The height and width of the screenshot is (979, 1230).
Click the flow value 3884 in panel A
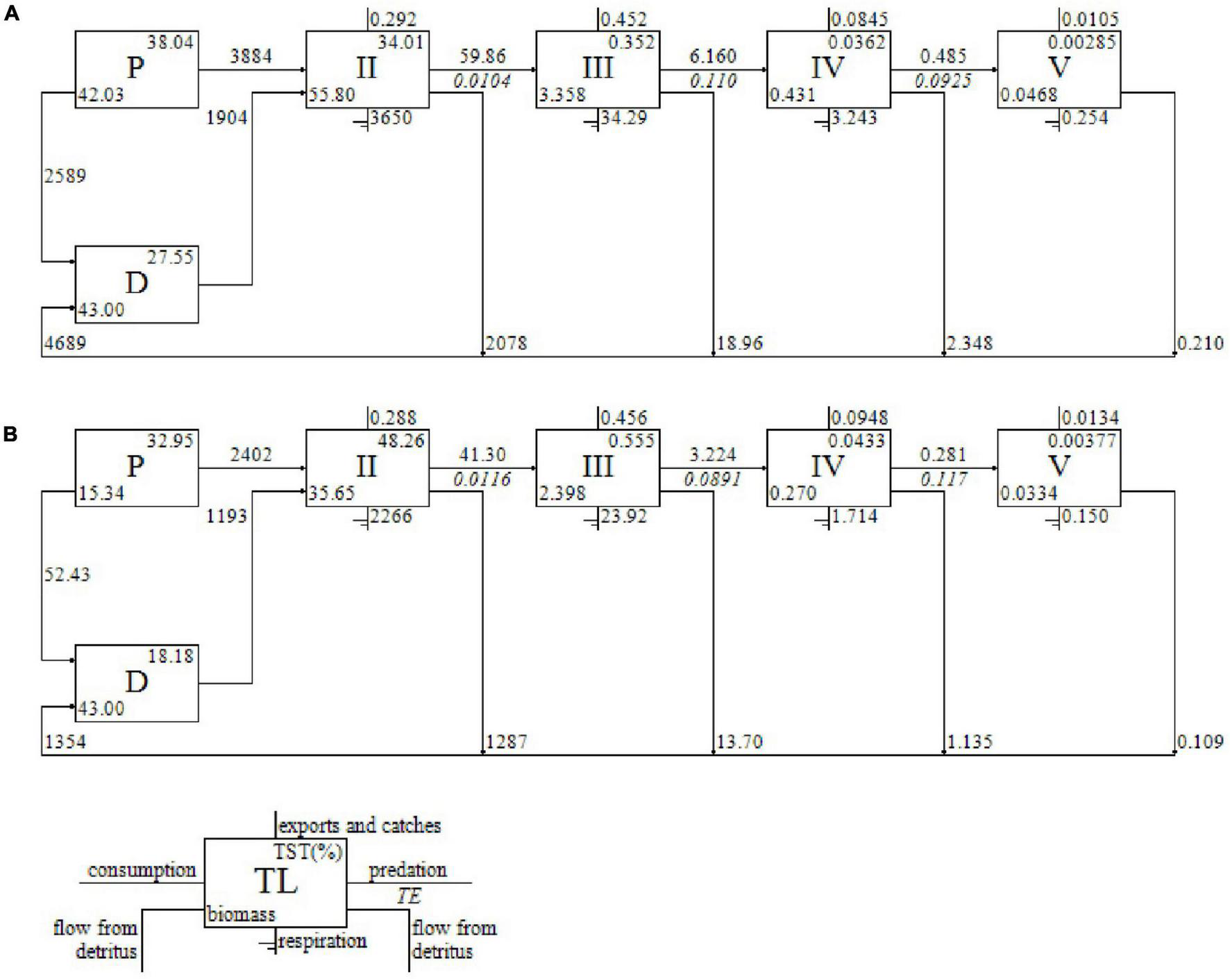pos(251,56)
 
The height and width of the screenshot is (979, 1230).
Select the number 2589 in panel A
pos(65,176)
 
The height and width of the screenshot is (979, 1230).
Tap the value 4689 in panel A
pos(65,343)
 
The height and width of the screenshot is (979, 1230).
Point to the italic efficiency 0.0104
pos(482,81)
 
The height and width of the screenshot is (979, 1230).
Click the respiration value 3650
pos(391,118)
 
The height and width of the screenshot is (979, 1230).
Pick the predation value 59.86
pos(482,56)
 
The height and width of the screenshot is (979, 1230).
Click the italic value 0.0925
pos(943,81)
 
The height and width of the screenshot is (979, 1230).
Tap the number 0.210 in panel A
pos(1200,343)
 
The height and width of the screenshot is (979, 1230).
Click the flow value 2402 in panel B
pos(251,455)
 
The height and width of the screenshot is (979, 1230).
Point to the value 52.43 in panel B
pos(67,575)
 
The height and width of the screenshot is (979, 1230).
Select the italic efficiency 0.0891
pos(712,479)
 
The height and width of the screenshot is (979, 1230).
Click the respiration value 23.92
pos(623,517)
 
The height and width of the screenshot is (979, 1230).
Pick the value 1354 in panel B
pos(65,742)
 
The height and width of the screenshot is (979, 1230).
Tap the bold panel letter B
pos(10,434)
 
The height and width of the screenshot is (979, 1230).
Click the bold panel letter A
pos(10,13)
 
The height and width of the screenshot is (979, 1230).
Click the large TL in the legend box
pos(276,882)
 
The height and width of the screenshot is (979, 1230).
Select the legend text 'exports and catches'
pos(360,826)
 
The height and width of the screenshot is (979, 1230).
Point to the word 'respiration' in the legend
pos(322,942)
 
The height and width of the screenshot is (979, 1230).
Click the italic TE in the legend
pos(408,896)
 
